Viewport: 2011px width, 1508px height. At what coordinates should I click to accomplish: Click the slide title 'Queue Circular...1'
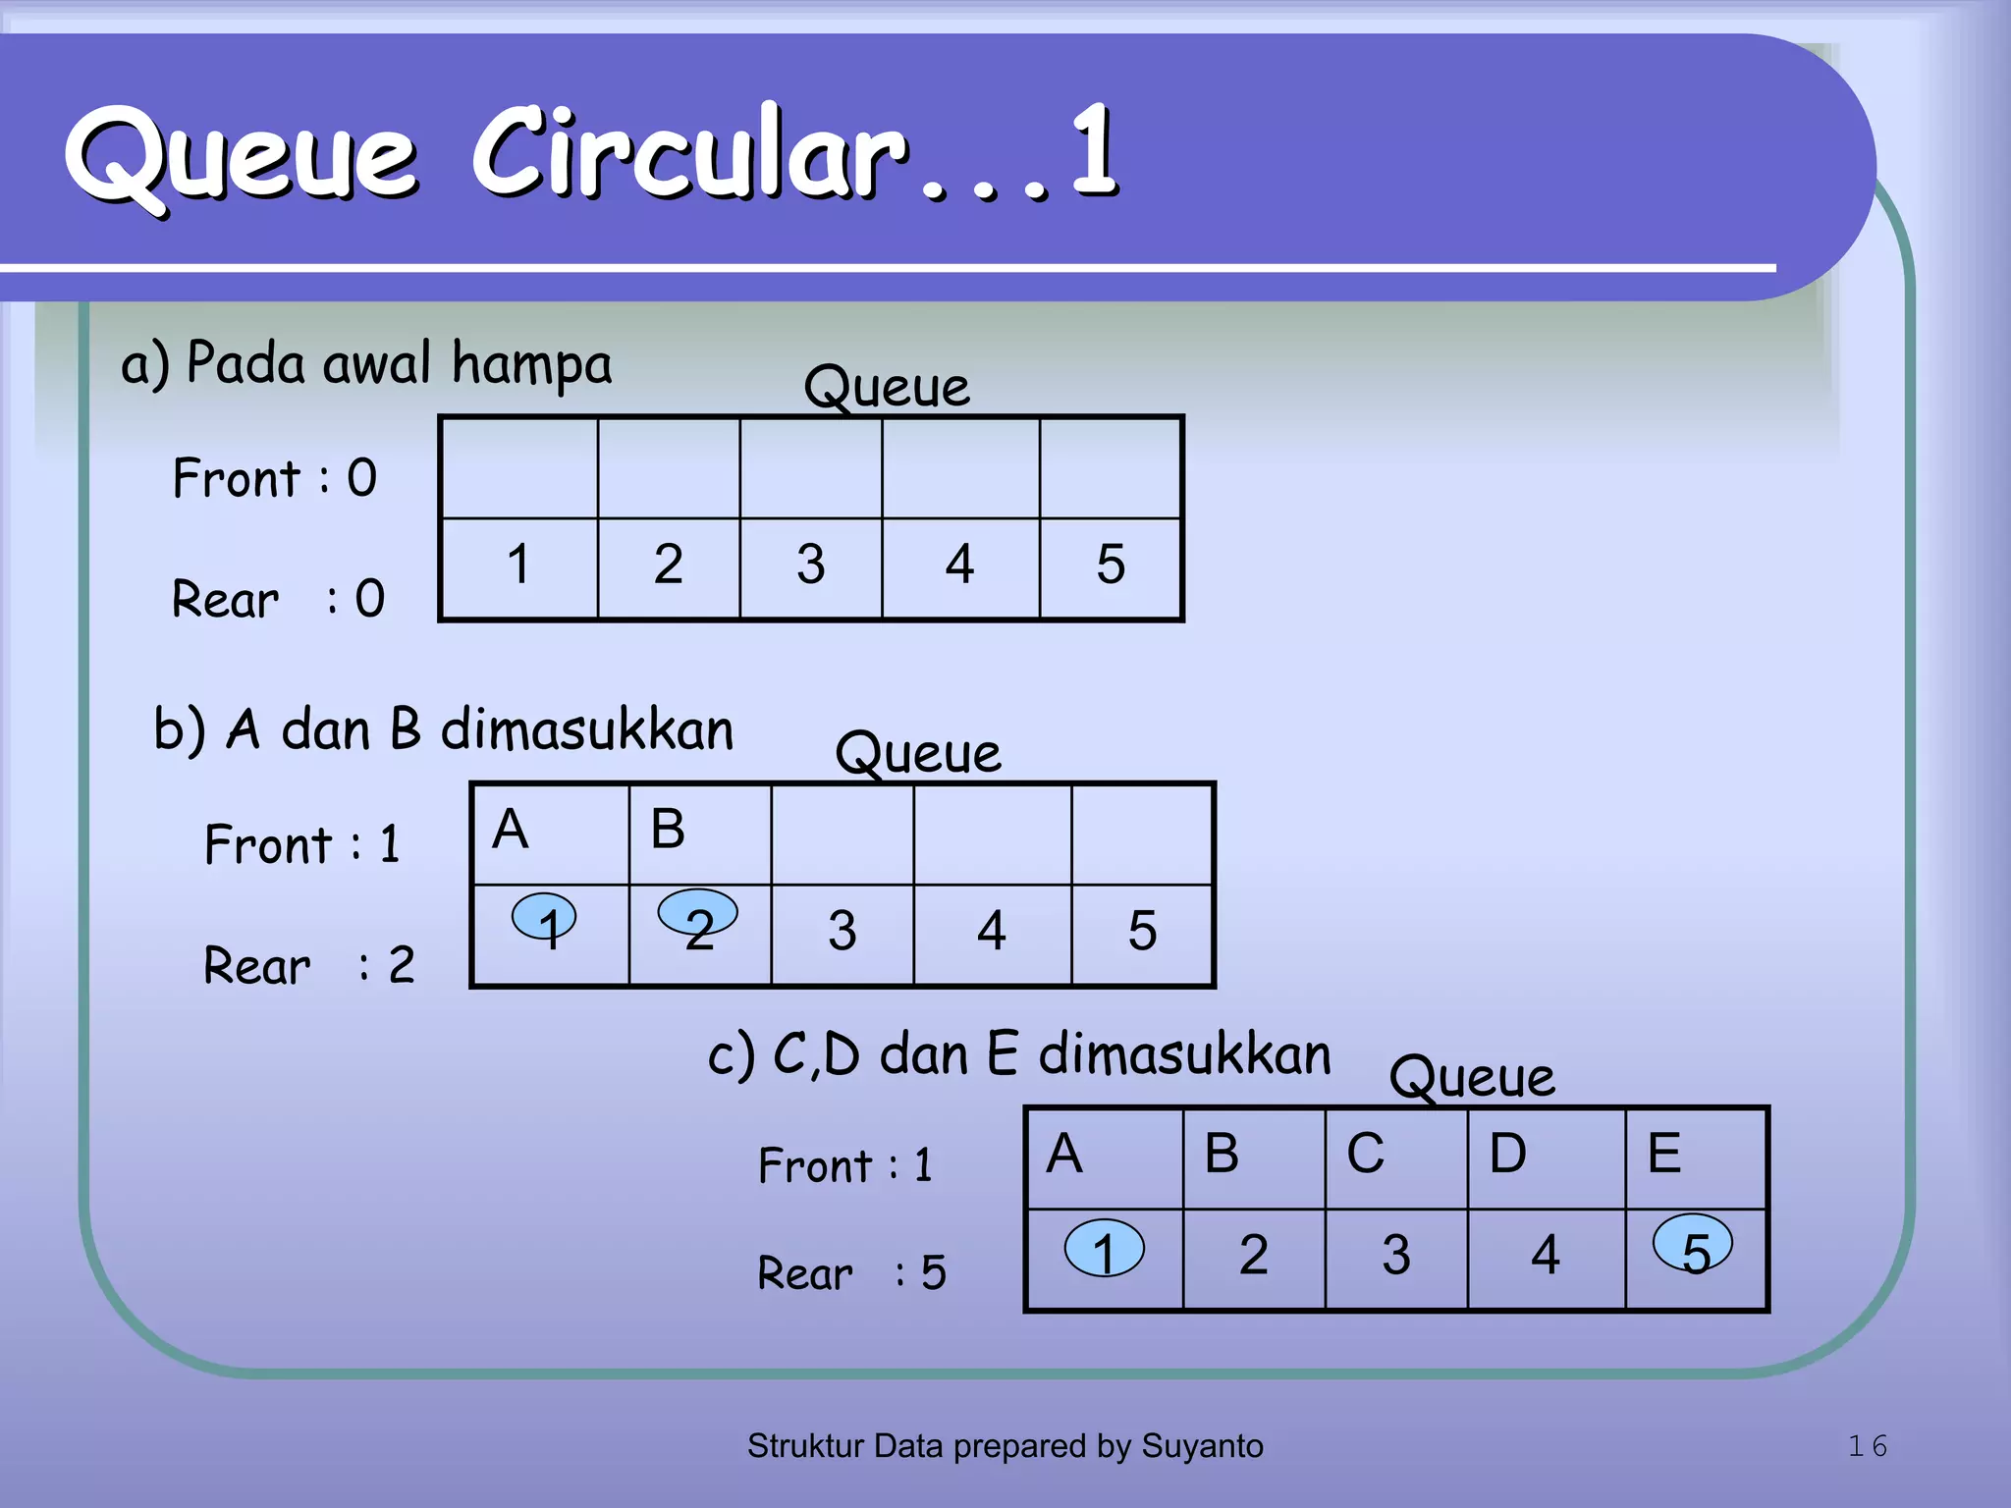tap(591, 153)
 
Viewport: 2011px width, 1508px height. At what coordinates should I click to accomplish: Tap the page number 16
tap(1867, 1445)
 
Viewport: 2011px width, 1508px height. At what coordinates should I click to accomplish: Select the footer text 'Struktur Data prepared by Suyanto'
tap(1005, 1445)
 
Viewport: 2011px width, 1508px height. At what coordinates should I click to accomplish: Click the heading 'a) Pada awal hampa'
tap(366, 364)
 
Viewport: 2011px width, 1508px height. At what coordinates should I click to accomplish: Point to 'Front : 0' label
tap(275, 478)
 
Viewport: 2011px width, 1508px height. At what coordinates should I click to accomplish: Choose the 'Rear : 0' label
tap(279, 598)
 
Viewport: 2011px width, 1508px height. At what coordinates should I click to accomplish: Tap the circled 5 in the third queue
tap(1693, 1245)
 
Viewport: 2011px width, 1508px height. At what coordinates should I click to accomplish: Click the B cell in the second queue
tap(699, 834)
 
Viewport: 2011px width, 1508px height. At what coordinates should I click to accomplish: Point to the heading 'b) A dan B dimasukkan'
tap(444, 729)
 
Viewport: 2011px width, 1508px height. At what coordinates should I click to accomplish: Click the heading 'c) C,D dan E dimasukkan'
tap(1019, 1054)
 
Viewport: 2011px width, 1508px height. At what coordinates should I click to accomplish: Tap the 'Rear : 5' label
tap(851, 1272)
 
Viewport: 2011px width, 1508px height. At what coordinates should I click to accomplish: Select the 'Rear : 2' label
tap(309, 965)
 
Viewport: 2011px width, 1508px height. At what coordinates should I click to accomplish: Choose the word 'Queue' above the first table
tap(887, 386)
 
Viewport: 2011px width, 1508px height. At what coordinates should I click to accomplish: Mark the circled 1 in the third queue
tap(1104, 1249)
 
